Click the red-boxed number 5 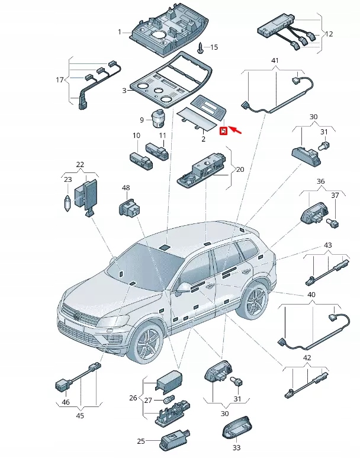pyautogui.click(x=223, y=131)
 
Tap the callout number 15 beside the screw pyautogui.click(x=214, y=47)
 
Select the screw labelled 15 pyautogui.click(x=201, y=46)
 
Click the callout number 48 pyautogui.click(x=126, y=188)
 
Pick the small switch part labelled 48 pyautogui.click(x=127, y=207)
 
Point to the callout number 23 pyautogui.click(x=67, y=180)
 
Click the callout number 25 pyautogui.click(x=140, y=441)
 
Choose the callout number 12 pyautogui.click(x=329, y=33)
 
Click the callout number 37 pyautogui.click(x=335, y=195)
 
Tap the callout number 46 pyautogui.click(x=65, y=402)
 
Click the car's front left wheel pyautogui.click(x=147, y=346)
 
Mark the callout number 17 pyautogui.click(x=59, y=80)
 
